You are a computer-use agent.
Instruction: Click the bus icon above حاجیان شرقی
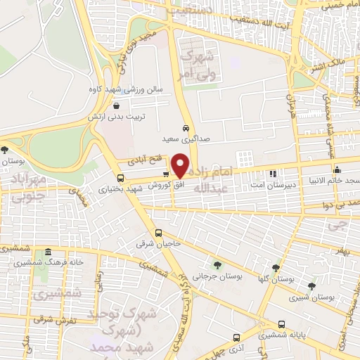(158, 233)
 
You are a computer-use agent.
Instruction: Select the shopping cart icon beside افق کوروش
(165, 174)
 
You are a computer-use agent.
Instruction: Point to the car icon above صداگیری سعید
(185, 129)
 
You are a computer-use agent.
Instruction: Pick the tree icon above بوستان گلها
(276, 268)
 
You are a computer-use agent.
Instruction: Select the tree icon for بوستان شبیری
(311, 286)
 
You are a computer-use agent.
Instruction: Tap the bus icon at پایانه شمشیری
(282, 324)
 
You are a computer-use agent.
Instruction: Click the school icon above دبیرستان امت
(273, 173)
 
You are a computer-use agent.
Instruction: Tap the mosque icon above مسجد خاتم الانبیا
(337, 169)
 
